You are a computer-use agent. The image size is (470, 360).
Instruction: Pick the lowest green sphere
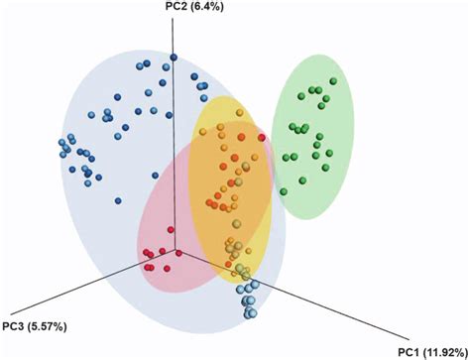click(283, 190)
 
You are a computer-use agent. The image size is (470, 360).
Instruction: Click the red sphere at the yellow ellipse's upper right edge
click(262, 137)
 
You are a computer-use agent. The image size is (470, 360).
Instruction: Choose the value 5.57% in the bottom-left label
click(50, 325)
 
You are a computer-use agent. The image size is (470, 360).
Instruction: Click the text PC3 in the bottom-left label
click(13, 325)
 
